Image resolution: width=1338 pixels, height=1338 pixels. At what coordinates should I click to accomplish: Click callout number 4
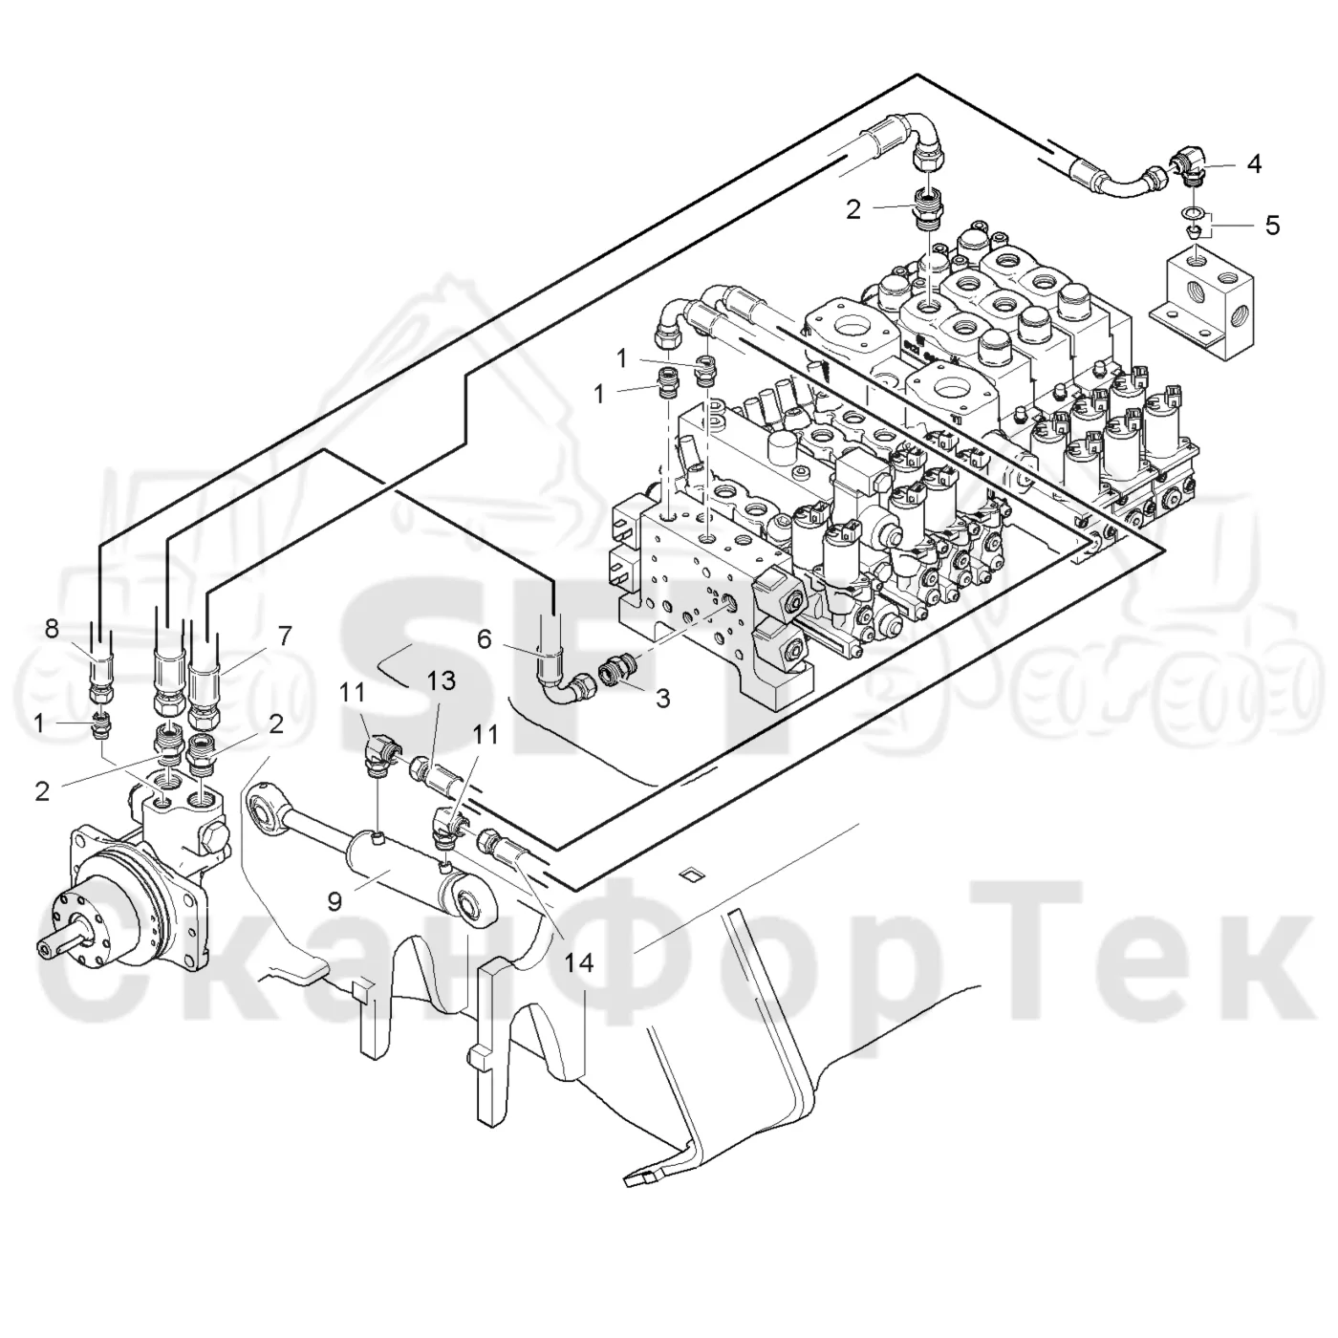1253,164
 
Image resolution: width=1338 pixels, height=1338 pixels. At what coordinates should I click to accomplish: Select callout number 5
1272,226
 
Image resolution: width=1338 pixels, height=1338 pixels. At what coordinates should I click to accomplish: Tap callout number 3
663,699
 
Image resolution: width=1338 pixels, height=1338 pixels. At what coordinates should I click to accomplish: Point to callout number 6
485,638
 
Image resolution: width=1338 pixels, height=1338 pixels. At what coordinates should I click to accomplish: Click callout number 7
286,636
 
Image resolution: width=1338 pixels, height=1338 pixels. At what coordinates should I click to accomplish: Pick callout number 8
52,629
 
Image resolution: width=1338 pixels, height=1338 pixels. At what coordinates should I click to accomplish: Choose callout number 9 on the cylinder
334,901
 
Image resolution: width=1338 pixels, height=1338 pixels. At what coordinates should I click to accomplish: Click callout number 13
441,680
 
